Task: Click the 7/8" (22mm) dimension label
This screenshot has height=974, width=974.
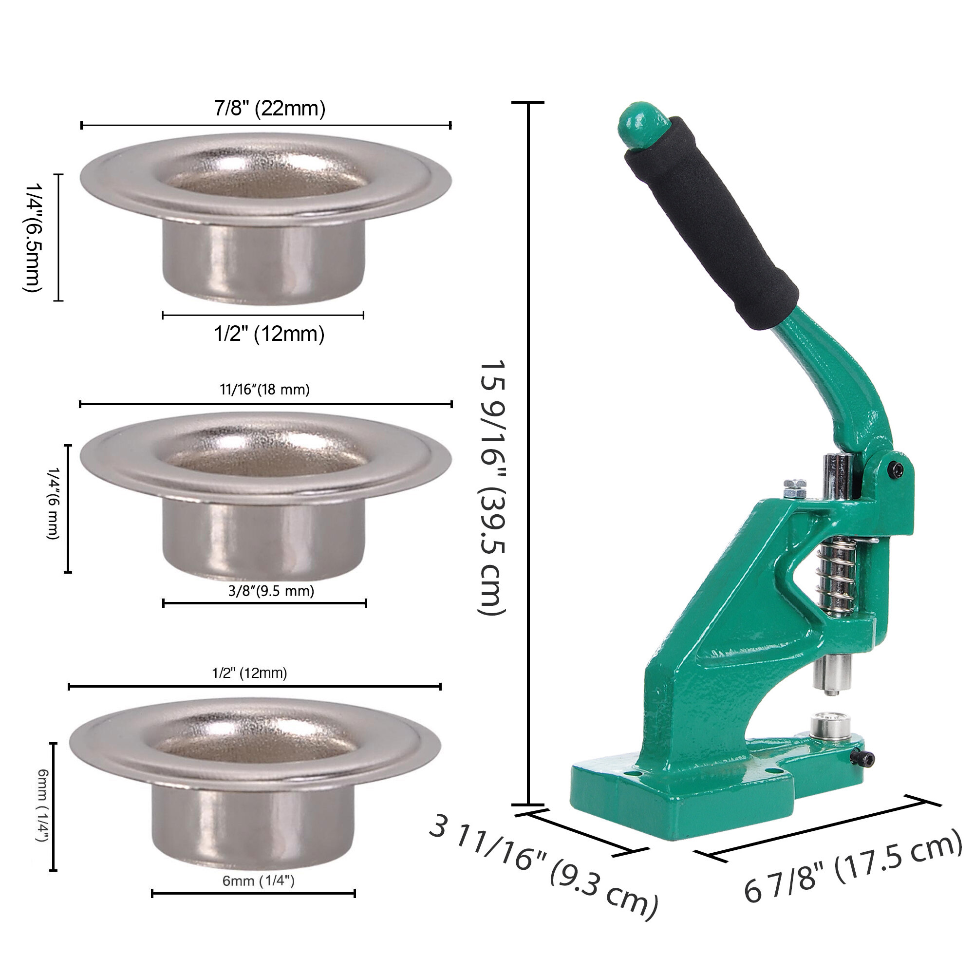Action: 270,109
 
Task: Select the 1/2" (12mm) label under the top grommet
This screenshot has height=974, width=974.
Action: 269,334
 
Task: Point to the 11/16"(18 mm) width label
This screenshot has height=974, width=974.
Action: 264,389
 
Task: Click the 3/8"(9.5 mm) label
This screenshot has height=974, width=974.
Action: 271,590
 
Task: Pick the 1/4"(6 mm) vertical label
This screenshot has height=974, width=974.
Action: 54,503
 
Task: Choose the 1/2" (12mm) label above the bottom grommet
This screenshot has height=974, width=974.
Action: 249,673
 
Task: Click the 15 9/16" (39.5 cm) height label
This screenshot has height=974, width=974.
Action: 491,487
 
